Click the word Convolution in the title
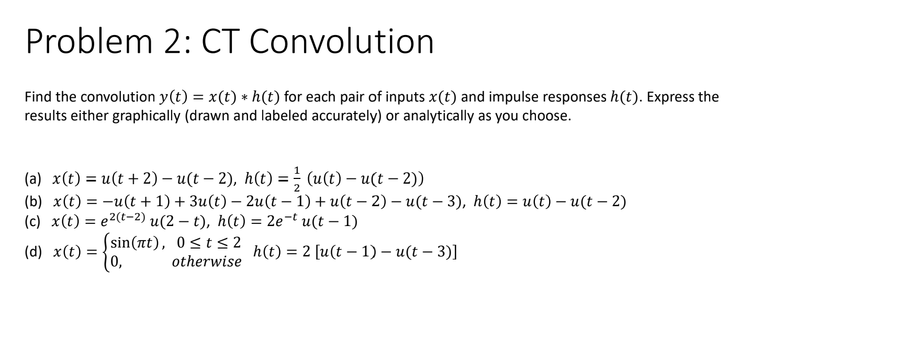341,41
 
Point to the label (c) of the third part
33,221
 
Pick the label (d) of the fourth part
33,252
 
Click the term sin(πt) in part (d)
137,243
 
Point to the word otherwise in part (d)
207,262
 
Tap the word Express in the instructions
672,97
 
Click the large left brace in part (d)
107,252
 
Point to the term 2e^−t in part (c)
281,221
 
